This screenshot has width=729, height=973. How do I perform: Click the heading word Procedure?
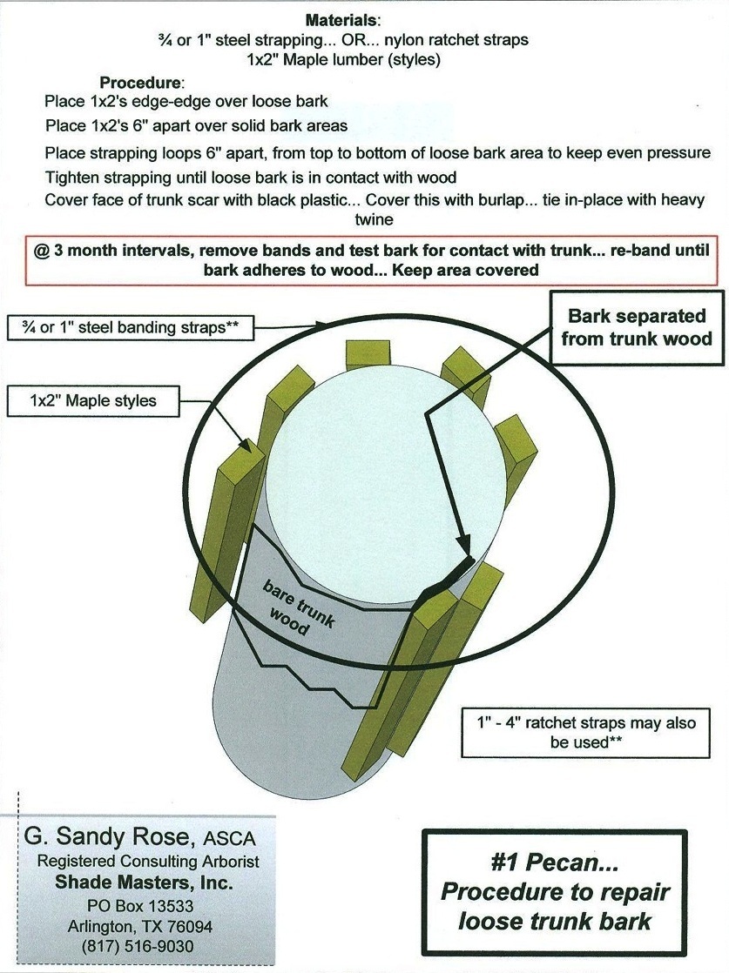[x=142, y=84]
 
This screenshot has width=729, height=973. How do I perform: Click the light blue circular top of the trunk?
[x=383, y=470]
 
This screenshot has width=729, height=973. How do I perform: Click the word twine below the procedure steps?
[x=374, y=219]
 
